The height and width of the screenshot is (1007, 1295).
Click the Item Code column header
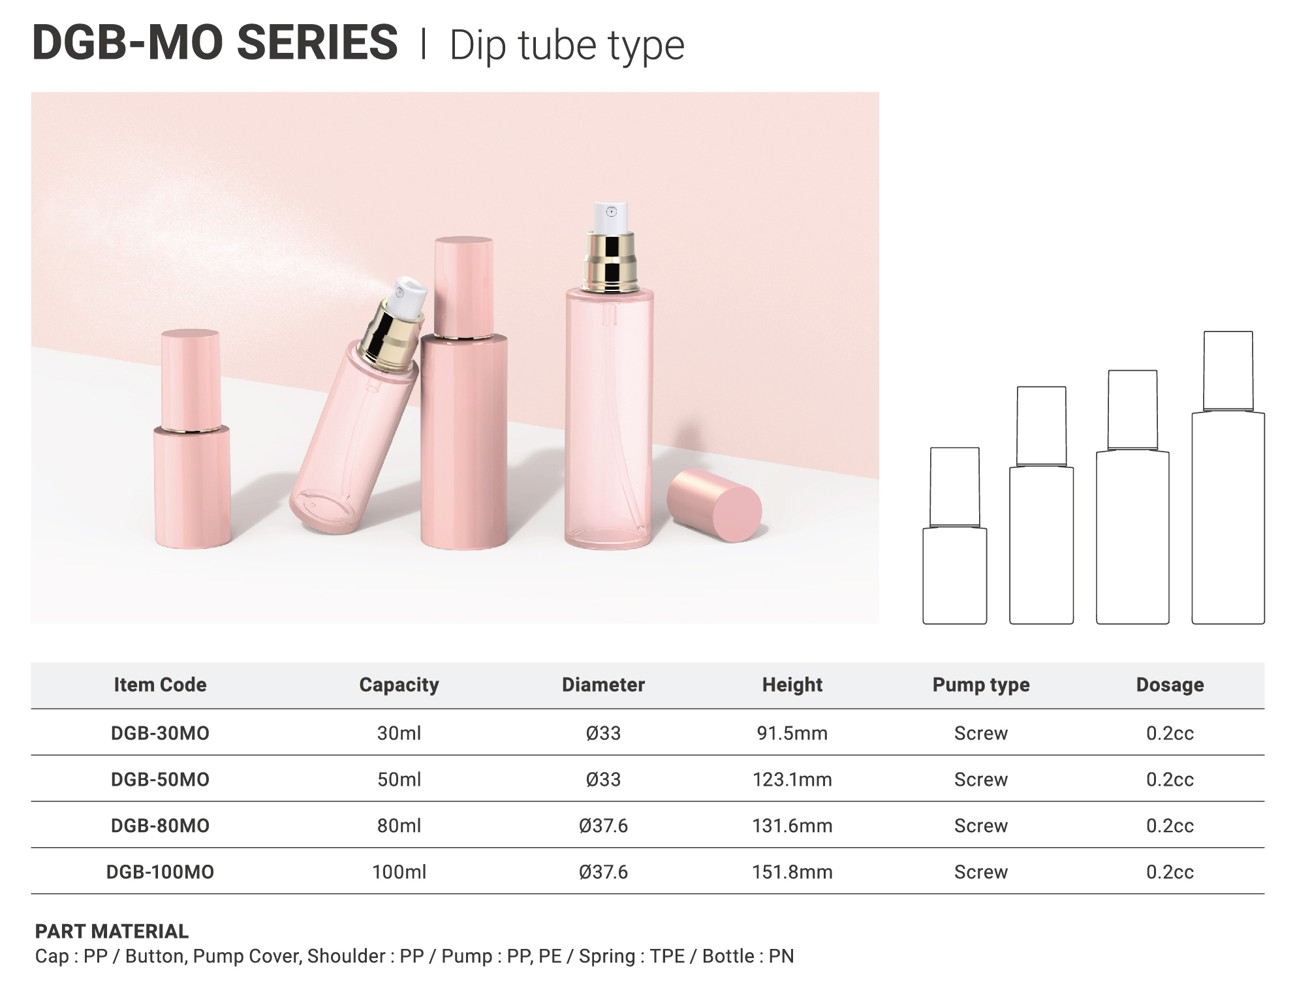point(160,685)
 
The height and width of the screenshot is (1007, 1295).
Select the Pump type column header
point(981,685)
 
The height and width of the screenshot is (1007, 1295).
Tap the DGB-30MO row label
point(160,733)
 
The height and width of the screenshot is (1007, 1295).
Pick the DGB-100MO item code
point(160,872)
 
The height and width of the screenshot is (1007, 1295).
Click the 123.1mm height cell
point(792,779)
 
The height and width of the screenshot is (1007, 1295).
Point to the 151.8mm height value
point(792,872)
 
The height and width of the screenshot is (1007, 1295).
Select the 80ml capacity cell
point(399,826)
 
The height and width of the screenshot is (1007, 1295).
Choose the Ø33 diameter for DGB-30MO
point(603,733)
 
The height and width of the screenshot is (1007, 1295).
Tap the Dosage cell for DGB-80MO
point(1170,826)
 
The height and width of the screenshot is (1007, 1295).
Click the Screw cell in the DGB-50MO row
point(981,779)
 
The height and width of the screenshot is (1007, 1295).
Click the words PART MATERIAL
point(112,931)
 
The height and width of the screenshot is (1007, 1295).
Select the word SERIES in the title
point(317,42)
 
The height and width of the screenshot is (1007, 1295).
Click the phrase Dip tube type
point(567,46)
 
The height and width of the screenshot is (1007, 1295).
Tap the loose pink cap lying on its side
point(715,504)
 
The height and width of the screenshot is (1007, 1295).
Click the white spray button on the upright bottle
point(612,218)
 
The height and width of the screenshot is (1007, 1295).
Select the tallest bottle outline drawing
point(1228,478)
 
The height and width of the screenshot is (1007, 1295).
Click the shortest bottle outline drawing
point(954,536)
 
